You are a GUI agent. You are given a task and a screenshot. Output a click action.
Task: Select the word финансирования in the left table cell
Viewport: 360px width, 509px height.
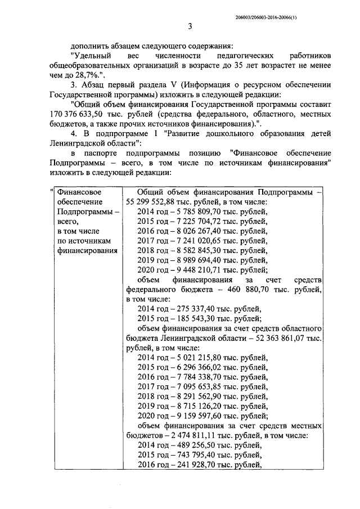84,250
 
